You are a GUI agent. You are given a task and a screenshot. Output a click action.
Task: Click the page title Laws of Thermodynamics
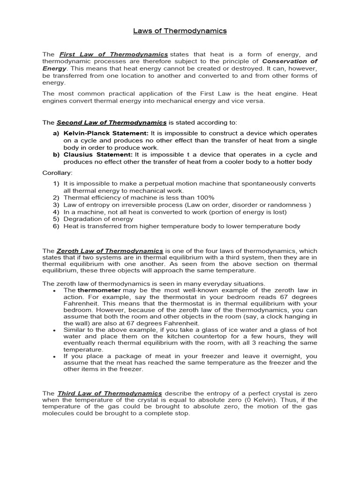[180, 31]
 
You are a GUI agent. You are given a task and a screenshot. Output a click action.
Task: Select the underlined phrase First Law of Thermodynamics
[113, 54]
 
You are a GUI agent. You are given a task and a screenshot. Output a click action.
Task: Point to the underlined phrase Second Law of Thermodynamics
[112, 123]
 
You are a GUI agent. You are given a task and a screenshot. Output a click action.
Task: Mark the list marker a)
[56, 134]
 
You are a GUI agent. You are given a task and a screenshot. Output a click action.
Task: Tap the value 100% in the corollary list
[205, 198]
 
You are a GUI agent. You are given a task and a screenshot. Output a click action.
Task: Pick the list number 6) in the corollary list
[56, 226]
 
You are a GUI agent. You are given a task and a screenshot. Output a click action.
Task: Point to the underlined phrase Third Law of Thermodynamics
[109, 393]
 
